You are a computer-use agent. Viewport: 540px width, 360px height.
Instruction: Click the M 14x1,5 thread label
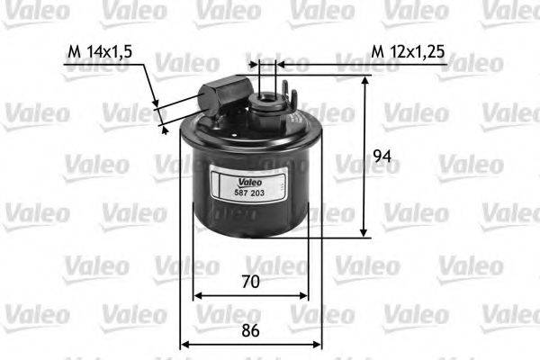100,52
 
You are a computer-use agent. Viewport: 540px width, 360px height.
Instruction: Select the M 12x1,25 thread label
408,52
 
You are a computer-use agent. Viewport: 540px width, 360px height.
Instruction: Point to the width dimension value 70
251,282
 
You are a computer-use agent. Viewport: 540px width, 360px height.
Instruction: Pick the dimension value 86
251,330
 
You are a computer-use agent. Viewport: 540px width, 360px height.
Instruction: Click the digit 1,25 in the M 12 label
427,52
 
